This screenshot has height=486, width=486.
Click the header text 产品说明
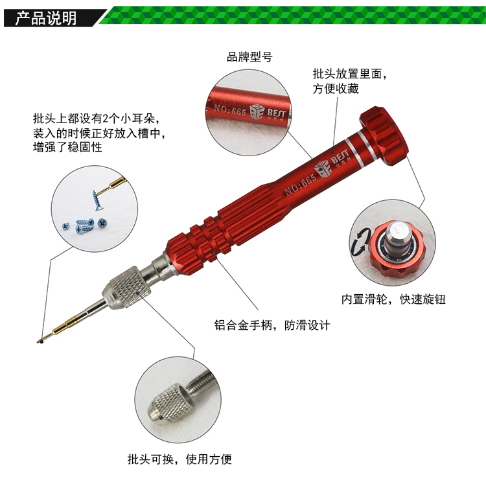pos(46,18)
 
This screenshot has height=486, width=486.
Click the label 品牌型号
pos(249,57)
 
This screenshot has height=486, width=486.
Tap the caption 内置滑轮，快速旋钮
pos(393,299)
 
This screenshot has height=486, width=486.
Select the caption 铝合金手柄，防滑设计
pos(272,325)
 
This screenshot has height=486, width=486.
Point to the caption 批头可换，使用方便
pos(179,459)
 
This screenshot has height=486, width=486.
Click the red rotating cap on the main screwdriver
pos(384,136)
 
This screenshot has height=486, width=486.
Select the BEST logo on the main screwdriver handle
pos(332,162)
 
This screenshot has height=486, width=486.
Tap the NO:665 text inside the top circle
pos(230,110)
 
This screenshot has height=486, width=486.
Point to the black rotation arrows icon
pos(361,242)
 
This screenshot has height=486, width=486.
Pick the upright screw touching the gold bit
pos(98,200)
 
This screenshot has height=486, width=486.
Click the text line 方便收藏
pos(336,89)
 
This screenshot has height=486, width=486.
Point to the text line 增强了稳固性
pos(67,146)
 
